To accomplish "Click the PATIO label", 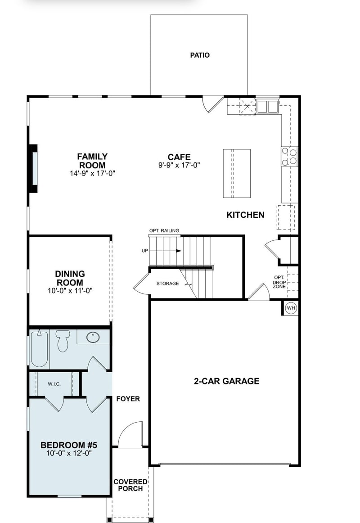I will click(x=200, y=55).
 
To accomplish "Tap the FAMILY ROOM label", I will click(x=92, y=160).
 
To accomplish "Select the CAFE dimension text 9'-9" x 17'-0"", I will click(x=179, y=165).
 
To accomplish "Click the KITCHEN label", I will click(x=245, y=215).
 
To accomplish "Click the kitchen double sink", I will click(x=267, y=107).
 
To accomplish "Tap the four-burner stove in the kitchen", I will click(x=289, y=156).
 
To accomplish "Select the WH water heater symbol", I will click(x=291, y=308).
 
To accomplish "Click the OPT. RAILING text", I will click(x=164, y=231).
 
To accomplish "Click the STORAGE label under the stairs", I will click(x=167, y=284).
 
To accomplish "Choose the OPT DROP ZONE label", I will click(x=279, y=282).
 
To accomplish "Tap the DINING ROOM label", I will click(x=70, y=278).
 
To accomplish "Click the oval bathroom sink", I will click(x=94, y=337).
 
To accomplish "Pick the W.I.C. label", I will click(x=54, y=384).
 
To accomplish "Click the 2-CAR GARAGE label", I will click(x=226, y=381).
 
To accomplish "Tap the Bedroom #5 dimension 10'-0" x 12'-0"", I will click(x=69, y=454).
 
